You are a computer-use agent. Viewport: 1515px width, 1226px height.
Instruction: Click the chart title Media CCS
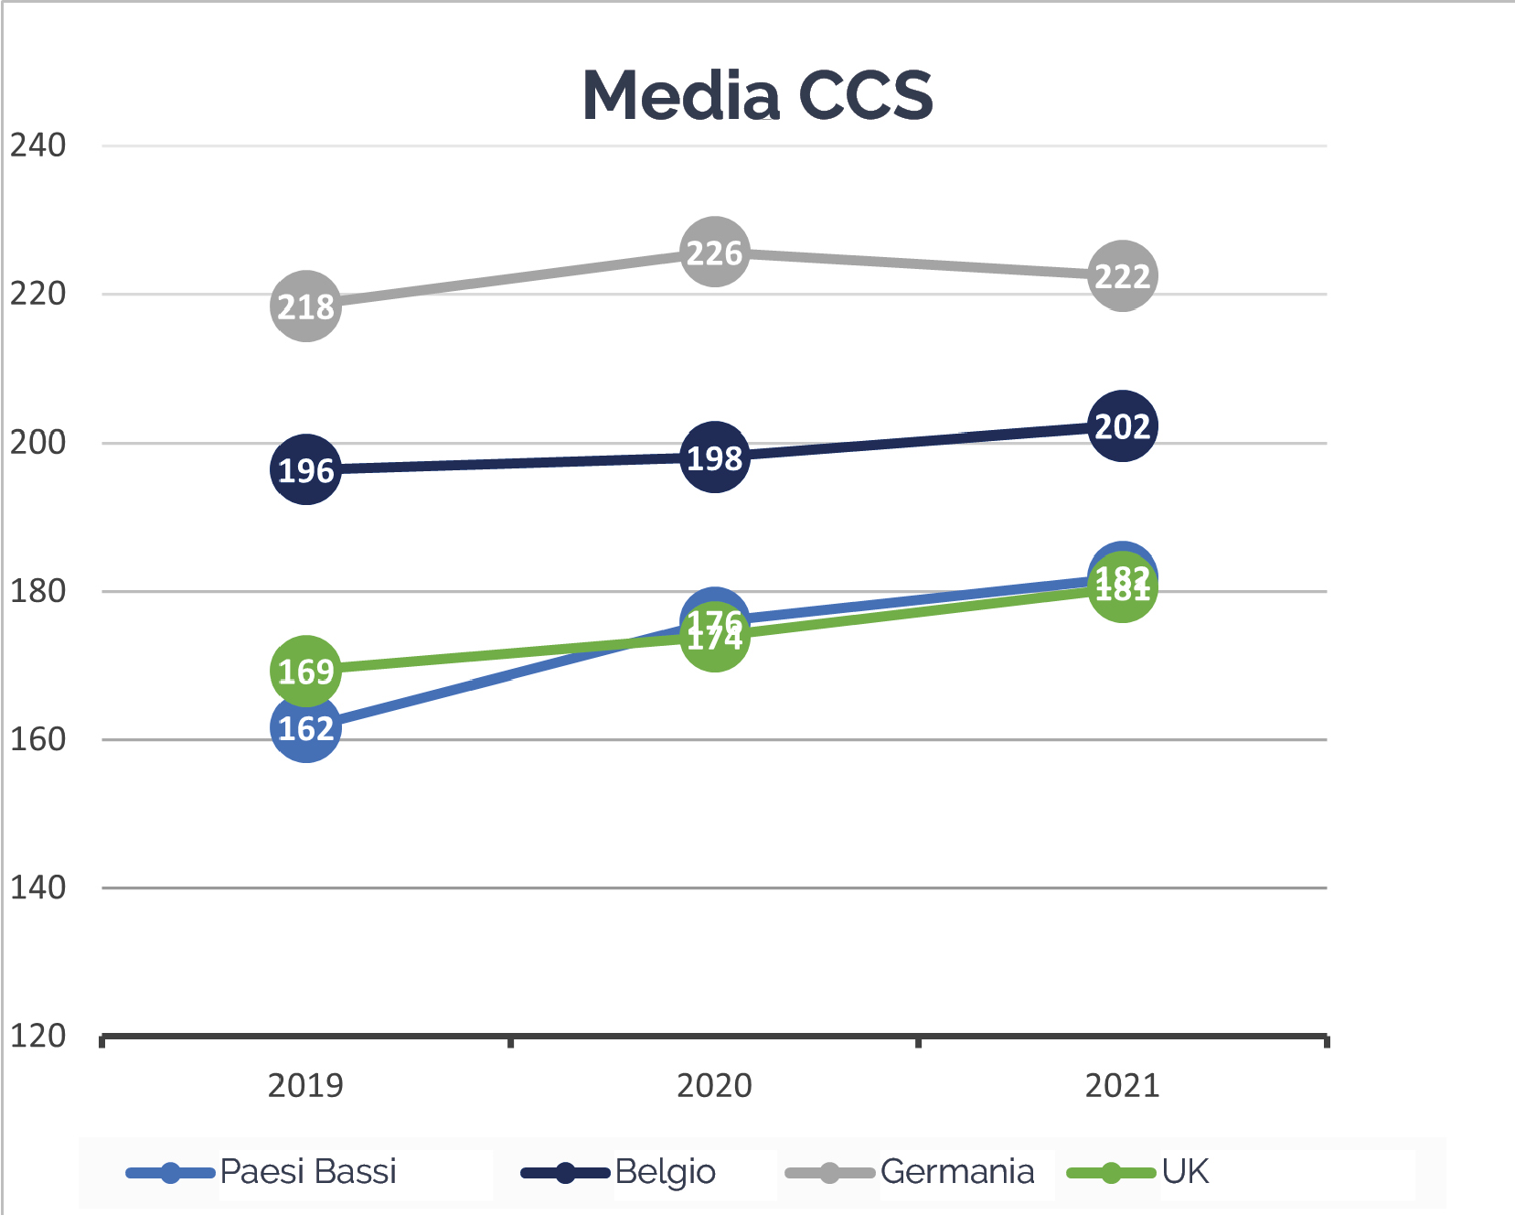pos(757,95)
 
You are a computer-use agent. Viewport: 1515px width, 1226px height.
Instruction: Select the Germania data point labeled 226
pos(714,252)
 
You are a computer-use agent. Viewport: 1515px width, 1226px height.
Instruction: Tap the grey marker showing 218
pos(305,306)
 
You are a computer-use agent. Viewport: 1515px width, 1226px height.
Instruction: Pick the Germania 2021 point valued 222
pos(1122,275)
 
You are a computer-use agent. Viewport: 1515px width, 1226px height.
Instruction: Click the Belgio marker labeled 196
pos(305,469)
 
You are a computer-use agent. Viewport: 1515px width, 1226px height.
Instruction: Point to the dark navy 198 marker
pos(714,457)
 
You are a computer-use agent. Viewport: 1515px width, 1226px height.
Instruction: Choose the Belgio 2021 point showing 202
pos(1122,425)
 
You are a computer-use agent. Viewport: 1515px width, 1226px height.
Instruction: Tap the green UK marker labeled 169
pos(305,671)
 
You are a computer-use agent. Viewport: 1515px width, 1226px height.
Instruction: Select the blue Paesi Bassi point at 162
pos(305,729)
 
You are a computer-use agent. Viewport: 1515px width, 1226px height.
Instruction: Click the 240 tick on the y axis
pos(37,145)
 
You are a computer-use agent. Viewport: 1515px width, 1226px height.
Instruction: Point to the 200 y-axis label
pos(37,442)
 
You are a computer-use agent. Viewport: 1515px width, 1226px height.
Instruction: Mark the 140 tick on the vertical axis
pos(37,887)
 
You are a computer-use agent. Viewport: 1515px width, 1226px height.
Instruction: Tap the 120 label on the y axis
pos(37,1036)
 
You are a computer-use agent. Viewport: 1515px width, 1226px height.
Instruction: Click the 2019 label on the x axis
pos(305,1085)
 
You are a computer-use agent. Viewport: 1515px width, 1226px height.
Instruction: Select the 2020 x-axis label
pos(714,1085)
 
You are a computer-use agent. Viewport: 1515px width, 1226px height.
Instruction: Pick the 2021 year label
pos(1122,1085)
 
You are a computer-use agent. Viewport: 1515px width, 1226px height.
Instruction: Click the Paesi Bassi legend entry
pos(308,1172)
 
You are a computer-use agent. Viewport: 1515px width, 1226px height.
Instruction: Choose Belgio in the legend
pos(665,1172)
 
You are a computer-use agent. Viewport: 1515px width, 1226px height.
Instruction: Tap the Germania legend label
pos(956,1172)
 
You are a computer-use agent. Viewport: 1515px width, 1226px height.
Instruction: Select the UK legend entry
pos(1185,1172)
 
